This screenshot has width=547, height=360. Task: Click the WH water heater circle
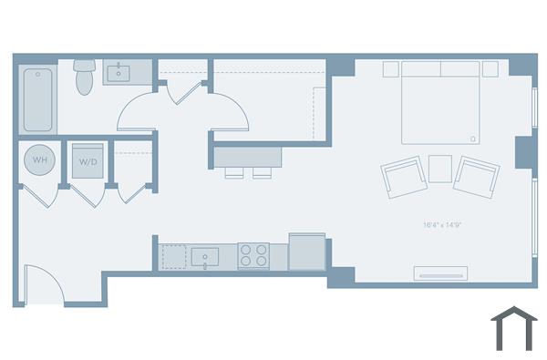39,161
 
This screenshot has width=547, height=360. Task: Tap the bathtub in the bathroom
37,99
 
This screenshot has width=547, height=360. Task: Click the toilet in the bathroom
85,77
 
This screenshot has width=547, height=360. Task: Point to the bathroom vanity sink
119,71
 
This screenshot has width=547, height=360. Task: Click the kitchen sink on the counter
205,256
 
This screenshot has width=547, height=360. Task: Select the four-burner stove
254,255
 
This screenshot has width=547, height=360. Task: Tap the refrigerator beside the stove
306,252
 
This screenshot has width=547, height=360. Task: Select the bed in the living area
440,102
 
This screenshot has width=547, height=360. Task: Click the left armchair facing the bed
403,177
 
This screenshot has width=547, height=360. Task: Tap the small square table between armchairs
440,168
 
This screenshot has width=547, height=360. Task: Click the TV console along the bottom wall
441,273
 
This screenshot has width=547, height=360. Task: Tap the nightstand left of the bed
391,69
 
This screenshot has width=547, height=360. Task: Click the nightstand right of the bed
490,69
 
